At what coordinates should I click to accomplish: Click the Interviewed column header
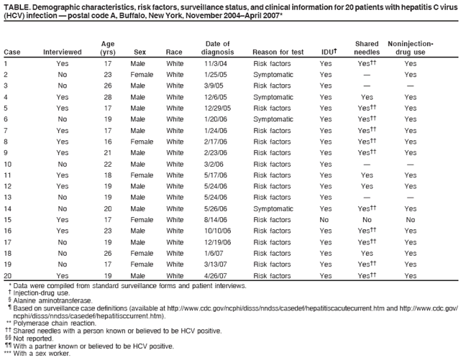[x=63, y=52]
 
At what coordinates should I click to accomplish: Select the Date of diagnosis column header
[x=217, y=48]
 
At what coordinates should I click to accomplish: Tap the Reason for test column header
[x=278, y=52]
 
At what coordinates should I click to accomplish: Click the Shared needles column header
[x=367, y=48]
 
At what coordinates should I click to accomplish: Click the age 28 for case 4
[x=107, y=96]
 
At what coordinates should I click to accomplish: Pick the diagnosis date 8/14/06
[x=216, y=219]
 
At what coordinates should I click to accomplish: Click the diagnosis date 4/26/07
[x=216, y=275]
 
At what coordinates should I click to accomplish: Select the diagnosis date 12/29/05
[x=217, y=108]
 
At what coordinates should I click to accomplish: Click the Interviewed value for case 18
[x=63, y=253]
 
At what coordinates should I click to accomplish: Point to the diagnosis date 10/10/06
[x=217, y=231]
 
